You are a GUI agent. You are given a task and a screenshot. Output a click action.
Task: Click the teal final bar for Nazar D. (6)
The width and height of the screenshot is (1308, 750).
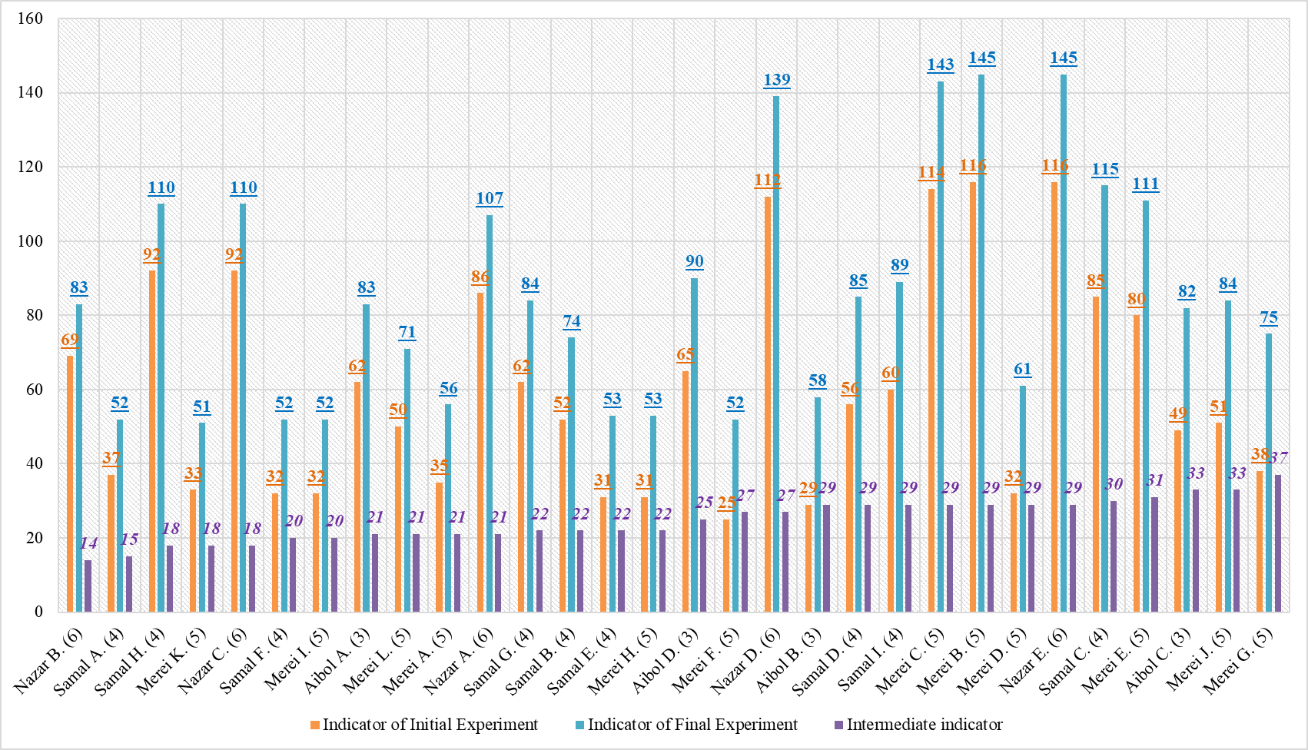(776, 353)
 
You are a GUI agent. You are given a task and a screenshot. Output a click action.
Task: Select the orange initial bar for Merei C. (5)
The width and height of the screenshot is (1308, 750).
(931, 400)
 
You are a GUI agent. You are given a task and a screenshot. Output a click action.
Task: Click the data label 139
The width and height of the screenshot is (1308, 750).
(777, 80)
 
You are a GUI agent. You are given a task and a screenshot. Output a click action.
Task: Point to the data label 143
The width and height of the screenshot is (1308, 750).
(941, 65)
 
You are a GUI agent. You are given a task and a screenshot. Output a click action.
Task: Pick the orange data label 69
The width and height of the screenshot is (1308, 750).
(70, 340)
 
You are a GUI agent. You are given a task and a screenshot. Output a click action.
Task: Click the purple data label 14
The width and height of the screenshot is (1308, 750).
(89, 543)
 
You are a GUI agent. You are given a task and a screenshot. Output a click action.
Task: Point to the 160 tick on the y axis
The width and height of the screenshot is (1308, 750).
(30, 18)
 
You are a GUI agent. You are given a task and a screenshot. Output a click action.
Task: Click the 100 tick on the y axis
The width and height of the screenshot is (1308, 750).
(30, 241)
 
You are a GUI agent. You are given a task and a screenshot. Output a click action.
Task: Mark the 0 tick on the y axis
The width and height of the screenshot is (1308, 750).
(38, 612)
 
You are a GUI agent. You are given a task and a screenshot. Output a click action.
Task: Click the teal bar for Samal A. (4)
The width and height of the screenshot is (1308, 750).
(120, 515)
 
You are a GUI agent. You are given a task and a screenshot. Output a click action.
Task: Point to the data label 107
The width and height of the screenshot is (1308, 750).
(490, 198)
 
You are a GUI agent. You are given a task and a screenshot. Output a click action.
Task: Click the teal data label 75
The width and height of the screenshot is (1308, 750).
(1269, 317)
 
